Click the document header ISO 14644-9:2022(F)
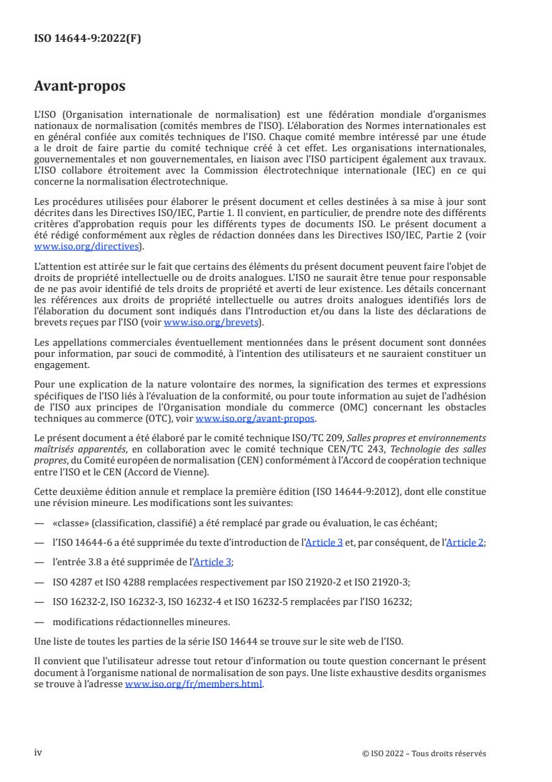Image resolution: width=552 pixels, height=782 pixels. [x=87, y=39]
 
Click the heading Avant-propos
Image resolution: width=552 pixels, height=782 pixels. [x=80, y=87]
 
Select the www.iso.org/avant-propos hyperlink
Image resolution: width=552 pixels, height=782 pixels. [x=255, y=419]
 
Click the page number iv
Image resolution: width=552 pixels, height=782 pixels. [x=39, y=753]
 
